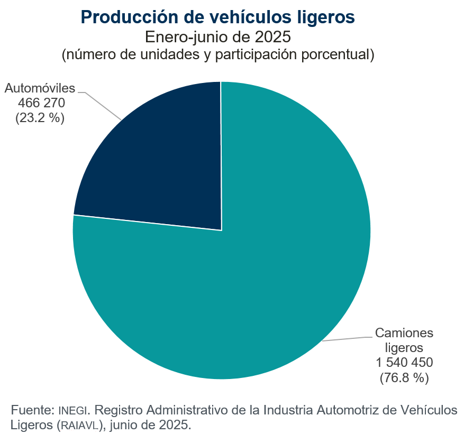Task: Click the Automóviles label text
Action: [x=40, y=88]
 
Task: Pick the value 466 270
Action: [x=41, y=103]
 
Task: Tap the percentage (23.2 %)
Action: [x=40, y=117]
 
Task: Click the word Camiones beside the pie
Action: [x=404, y=333]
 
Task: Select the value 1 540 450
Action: [x=404, y=363]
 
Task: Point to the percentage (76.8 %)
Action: [x=404, y=377]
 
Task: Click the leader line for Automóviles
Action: [x=103, y=105]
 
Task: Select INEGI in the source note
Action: [x=70, y=411]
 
